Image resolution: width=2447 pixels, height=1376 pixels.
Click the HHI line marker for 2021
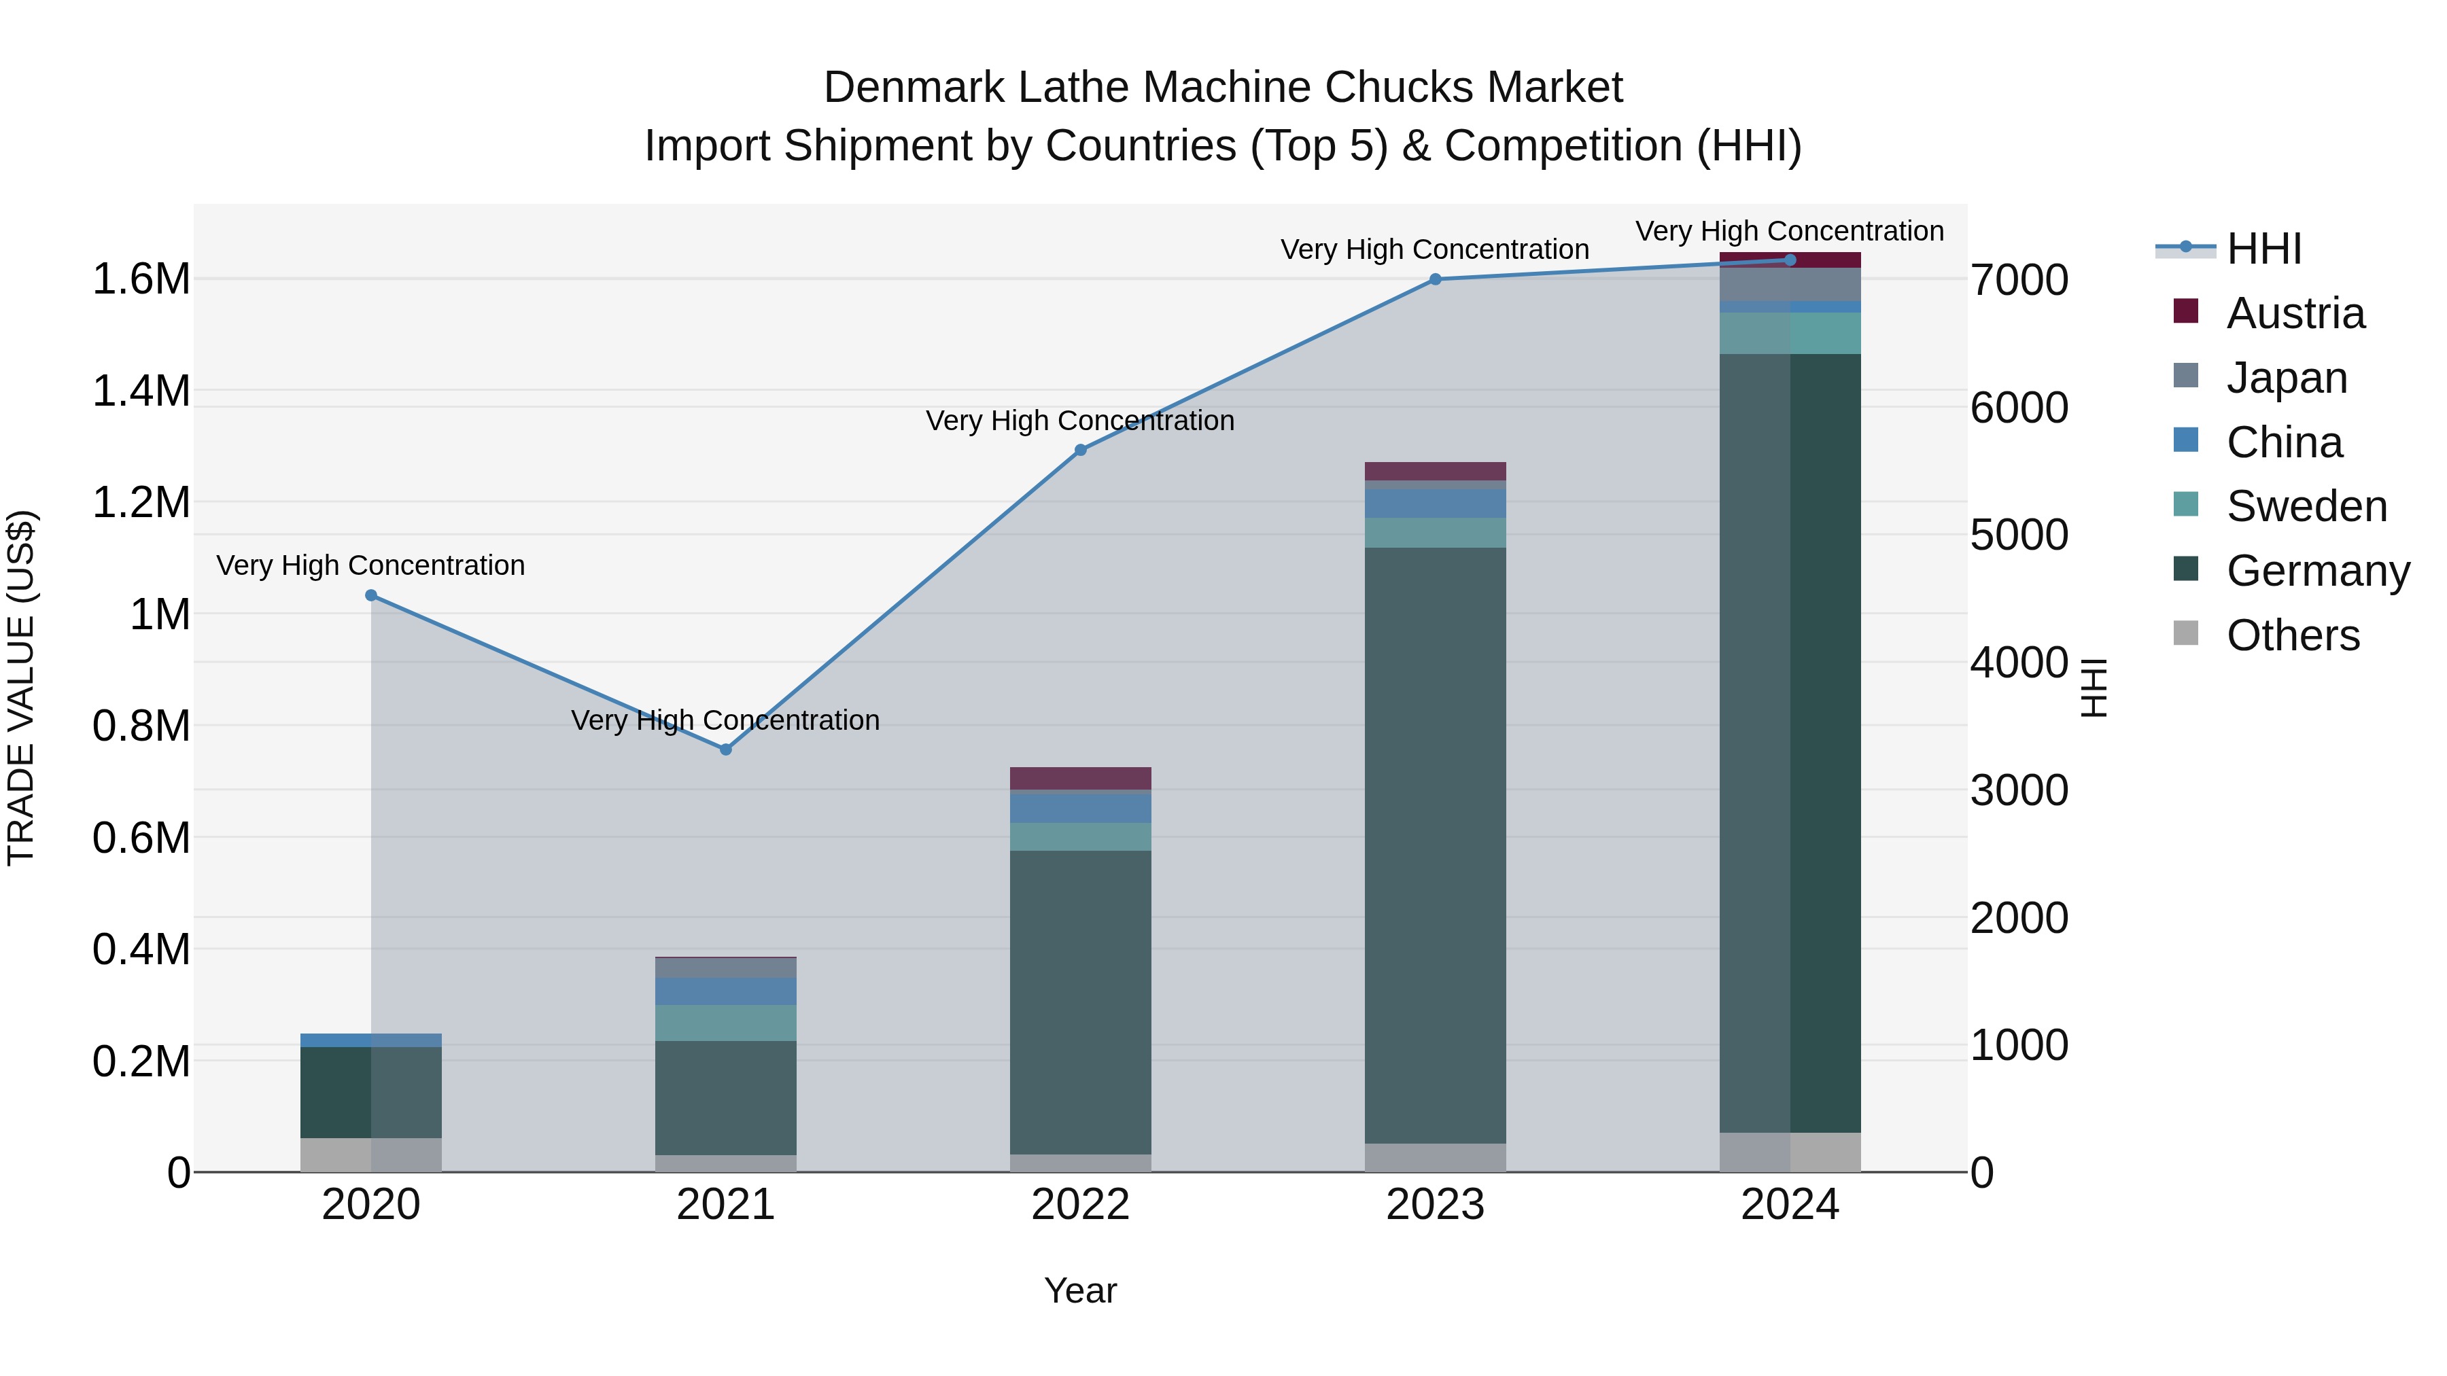(726, 749)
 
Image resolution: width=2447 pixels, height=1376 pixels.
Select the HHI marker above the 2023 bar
(1436, 279)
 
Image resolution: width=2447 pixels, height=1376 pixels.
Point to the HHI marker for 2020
(371, 595)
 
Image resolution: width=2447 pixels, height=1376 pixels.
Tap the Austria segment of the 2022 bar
(1080, 778)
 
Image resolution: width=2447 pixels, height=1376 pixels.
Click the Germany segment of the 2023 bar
(1436, 845)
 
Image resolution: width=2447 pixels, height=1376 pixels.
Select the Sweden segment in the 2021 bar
(726, 1023)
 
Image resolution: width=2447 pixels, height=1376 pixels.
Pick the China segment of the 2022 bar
(1080, 808)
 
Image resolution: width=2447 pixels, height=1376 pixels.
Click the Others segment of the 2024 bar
(1790, 1152)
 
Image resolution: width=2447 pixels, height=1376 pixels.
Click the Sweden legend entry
(2306, 506)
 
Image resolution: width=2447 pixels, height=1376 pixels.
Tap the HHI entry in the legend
(2263, 249)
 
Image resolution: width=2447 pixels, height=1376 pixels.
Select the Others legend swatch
(2186, 633)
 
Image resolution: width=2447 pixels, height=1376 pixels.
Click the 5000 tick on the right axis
(2019, 535)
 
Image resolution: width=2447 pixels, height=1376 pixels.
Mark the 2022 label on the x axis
(1080, 1205)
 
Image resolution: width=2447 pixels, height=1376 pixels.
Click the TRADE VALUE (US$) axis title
(21, 688)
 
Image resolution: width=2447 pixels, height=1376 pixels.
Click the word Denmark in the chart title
(914, 88)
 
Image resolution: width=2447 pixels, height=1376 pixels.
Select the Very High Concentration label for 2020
(370, 565)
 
